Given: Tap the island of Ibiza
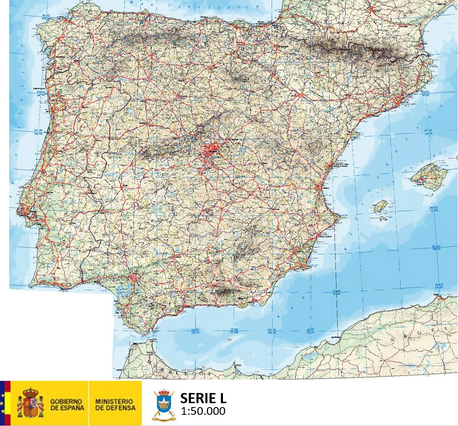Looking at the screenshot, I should tap(380, 206).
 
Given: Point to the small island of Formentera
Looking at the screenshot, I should tap(383, 218).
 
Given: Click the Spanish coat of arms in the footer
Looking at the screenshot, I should tap(30, 402).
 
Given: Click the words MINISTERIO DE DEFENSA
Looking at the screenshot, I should tap(114, 404).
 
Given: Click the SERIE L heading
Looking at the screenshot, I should tap(203, 398).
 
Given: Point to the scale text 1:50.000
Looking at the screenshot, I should tap(203, 411).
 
